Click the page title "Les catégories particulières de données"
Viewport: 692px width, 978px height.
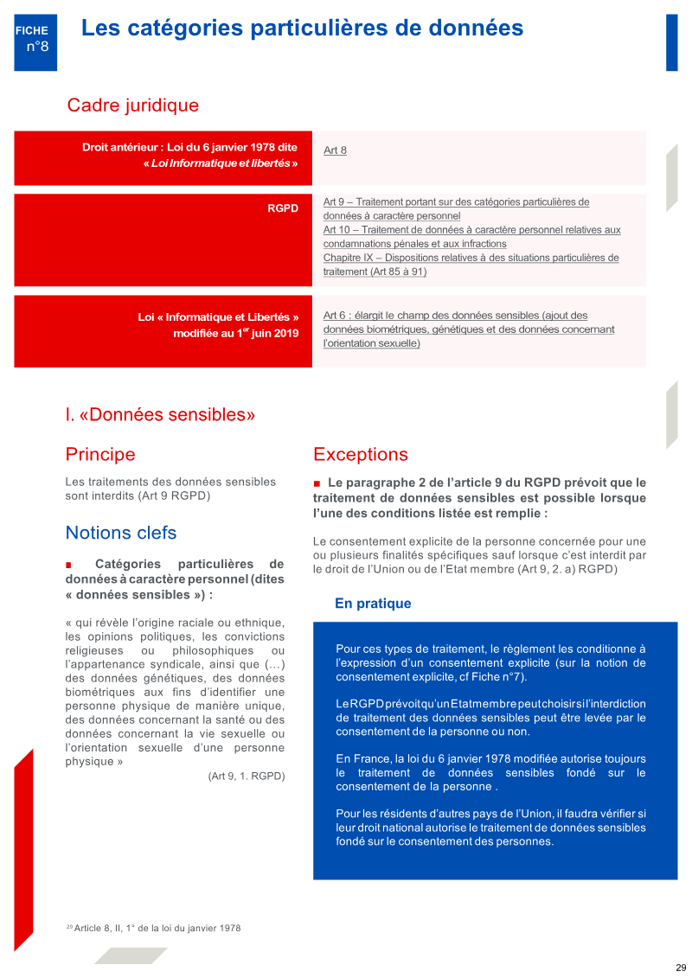pos(302,28)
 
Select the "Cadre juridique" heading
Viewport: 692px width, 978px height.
pos(132,105)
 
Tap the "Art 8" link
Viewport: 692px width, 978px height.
pos(335,150)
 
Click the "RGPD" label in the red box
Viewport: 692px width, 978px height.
pos(283,208)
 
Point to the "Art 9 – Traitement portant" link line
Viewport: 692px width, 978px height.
pos(456,202)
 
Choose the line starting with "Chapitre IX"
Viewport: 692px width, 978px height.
pos(471,258)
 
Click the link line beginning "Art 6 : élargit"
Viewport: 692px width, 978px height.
pos(455,316)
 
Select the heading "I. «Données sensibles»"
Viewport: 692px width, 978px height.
pos(160,414)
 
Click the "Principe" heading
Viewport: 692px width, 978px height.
pos(100,454)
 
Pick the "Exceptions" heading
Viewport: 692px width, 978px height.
pos(360,454)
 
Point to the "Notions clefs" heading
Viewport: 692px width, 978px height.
pos(120,533)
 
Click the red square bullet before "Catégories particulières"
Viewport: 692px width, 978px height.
pos(68,565)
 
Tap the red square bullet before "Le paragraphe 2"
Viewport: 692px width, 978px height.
pos(317,483)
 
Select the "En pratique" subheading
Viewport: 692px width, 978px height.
pos(373,604)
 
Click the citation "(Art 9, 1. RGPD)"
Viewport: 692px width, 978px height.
pos(246,777)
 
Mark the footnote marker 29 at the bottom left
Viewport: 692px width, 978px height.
pos(69,927)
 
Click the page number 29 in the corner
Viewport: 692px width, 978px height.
pos(681,967)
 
